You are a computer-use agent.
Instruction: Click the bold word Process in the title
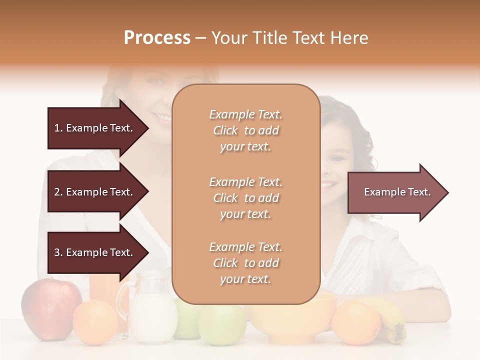pos(157,38)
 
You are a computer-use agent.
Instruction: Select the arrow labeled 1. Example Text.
pos(95,128)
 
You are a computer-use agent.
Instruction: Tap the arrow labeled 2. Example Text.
pos(95,192)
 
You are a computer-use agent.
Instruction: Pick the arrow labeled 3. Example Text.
pos(95,252)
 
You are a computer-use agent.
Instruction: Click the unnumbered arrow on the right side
pos(397,192)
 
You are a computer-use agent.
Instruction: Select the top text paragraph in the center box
pos(245,130)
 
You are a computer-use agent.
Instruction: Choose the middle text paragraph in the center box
pos(245,197)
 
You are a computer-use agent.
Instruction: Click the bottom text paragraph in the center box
pos(245,263)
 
